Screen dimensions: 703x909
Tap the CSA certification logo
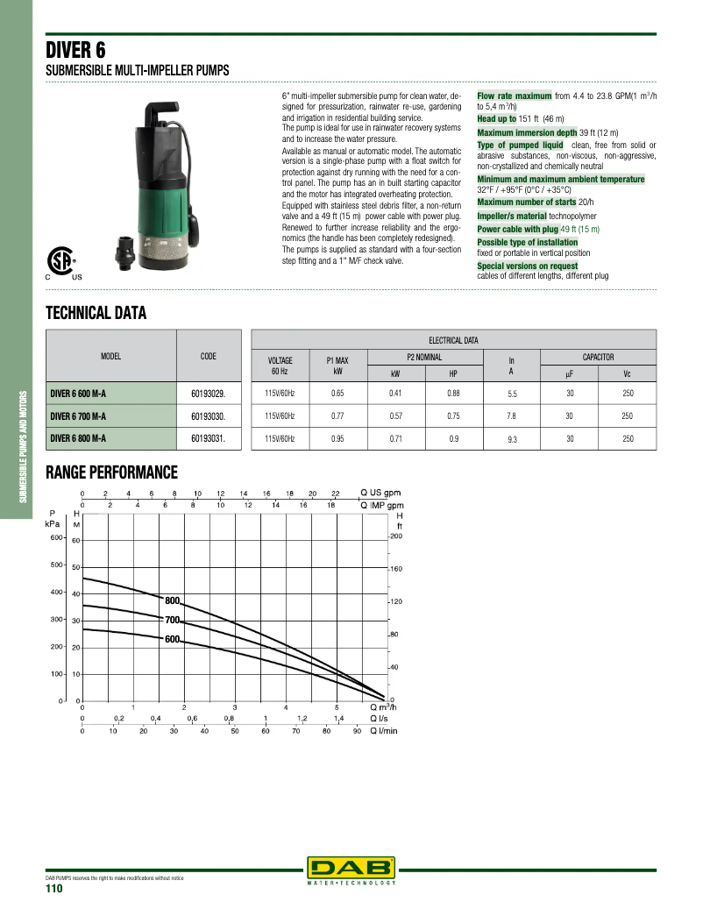tap(60, 259)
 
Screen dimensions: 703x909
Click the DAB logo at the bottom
tap(351, 868)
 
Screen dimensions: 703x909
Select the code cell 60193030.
tap(208, 415)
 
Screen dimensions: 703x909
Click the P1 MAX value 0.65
tap(337, 394)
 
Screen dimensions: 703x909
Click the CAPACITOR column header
tap(598, 357)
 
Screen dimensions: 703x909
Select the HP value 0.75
tap(453, 415)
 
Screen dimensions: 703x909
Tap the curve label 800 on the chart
tap(172, 600)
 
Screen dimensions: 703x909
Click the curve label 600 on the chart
tap(172, 640)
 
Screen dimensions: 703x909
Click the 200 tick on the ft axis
tap(395, 536)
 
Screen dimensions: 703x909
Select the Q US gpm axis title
tap(380, 493)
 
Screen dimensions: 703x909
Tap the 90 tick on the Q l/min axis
tap(358, 730)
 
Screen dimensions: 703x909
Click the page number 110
tap(54, 888)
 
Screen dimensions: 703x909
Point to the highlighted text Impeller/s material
tap(512, 216)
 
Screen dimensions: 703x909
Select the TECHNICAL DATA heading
tap(96, 313)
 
